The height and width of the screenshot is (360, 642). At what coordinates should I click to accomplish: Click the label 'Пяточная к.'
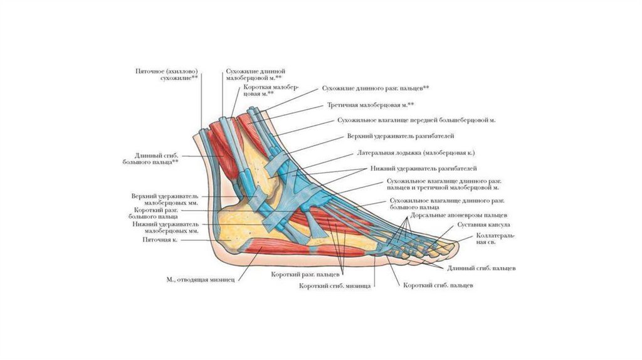tap(160, 240)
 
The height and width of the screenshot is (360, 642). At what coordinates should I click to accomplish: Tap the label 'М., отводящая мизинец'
tap(200, 280)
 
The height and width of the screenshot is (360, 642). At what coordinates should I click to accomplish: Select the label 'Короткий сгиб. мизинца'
tap(335, 286)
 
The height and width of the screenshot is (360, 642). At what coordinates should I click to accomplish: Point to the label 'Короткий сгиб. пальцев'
tap(438, 285)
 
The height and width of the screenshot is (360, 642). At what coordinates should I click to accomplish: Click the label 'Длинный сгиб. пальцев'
tap(481, 268)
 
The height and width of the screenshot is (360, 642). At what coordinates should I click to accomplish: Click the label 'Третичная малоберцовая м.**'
tap(371, 105)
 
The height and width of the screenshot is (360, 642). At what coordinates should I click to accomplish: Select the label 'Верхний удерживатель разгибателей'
tap(401, 136)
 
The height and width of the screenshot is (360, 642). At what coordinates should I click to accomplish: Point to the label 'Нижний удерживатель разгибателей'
tap(423, 168)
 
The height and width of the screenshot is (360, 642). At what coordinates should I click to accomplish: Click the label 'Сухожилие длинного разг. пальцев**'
tap(376, 88)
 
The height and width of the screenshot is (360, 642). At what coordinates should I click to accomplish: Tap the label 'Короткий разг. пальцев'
tap(305, 275)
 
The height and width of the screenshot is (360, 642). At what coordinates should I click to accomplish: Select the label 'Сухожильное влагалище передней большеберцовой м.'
tap(416, 120)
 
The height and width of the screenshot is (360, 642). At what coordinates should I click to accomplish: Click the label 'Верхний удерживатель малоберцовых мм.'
tap(165, 199)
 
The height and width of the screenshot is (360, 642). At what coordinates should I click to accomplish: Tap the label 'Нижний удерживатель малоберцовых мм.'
tap(166, 228)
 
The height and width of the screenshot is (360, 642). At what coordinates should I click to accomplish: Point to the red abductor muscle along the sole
tap(303, 247)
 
